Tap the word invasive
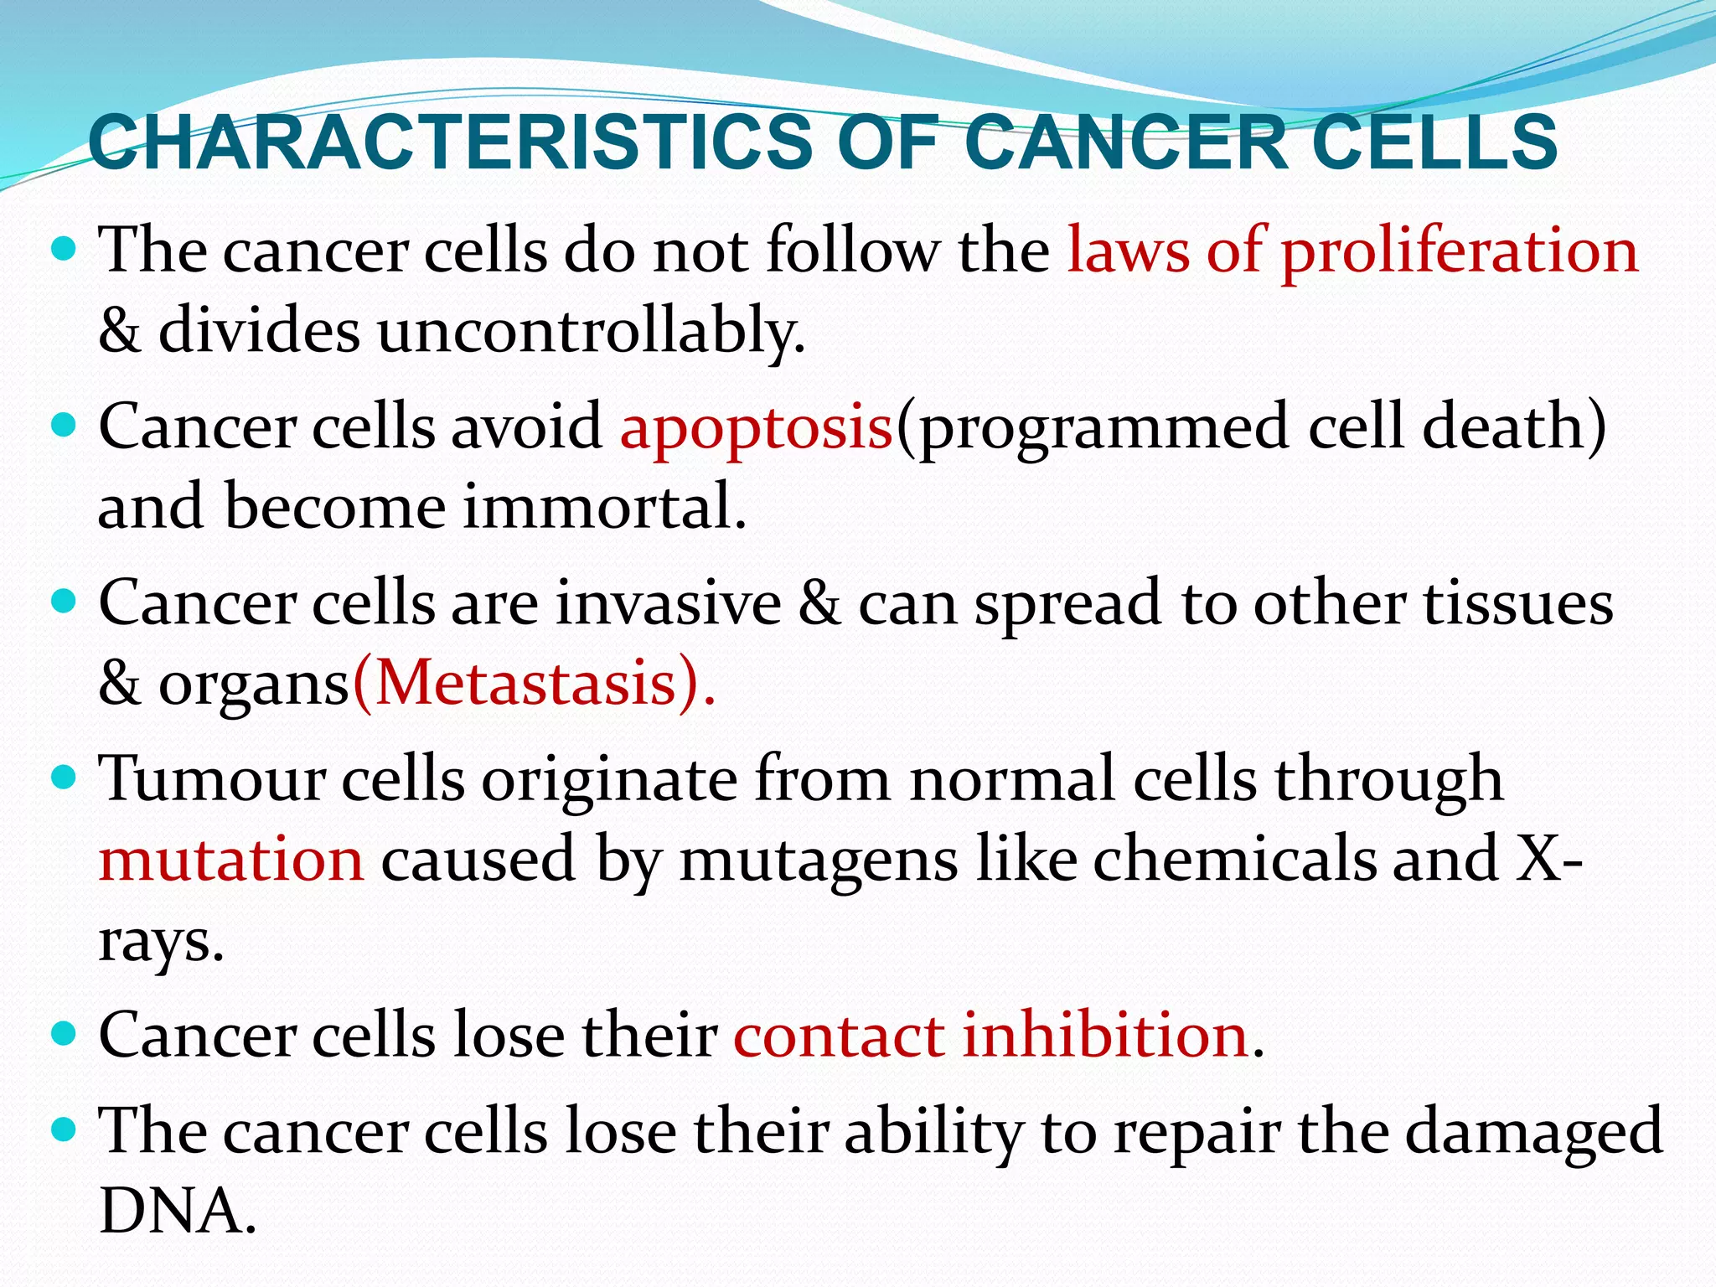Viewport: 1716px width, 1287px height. (x=668, y=603)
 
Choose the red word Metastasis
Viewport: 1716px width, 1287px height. (x=525, y=684)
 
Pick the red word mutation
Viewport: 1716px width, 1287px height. (x=231, y=860)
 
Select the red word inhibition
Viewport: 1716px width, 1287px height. (x=1105, y=1036)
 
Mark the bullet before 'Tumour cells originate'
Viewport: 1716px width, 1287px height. (x=64, y=778)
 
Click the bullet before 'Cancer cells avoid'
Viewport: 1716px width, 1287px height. (x=64, y=426)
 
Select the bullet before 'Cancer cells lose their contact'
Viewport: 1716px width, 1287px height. (x=64, y=1034)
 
